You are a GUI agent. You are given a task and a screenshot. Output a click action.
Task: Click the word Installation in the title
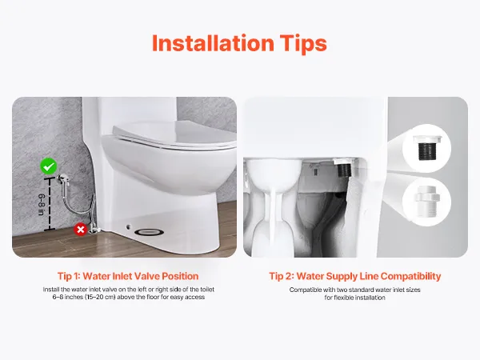point(213,43)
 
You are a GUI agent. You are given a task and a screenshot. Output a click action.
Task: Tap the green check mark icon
point(49,166)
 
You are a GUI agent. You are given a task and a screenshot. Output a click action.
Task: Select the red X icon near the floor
point(81,230)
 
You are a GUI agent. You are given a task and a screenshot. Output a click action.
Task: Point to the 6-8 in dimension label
point(42,205)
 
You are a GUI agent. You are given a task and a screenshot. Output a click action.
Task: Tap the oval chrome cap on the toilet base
point(149,232)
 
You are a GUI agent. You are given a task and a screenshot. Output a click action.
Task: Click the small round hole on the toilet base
point(128,227)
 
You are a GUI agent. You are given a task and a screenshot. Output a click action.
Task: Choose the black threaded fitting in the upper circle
point(426,148)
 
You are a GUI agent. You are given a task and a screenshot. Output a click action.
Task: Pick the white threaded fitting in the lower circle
point(426,202)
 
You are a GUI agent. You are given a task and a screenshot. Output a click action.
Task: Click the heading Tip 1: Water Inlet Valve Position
point(128,276)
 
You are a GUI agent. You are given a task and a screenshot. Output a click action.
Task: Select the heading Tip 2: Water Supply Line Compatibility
point(355,277)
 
